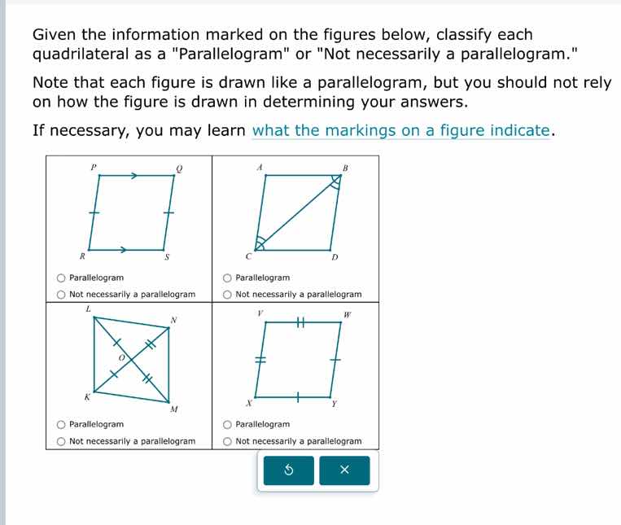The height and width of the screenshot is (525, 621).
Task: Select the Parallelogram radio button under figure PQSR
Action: pos(61,278)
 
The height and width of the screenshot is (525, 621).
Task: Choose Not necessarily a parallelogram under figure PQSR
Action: pos(61,295)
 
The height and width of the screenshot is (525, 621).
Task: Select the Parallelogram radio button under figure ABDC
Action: pos(227,278)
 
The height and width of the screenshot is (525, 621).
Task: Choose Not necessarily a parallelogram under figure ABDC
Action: pos(227,295)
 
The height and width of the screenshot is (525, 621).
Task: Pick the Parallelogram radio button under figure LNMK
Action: pos(61,424)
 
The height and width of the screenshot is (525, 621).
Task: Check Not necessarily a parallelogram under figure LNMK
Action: pos(61,441)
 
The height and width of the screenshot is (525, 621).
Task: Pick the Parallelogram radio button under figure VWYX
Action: pos(227,424)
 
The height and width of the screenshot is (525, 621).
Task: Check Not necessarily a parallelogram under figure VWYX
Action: pos(227,441)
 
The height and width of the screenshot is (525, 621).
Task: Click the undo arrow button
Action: pos(288,470)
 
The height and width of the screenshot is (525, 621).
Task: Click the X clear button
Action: pos(343,470)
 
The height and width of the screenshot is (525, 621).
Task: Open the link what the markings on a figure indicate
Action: pos(403,131)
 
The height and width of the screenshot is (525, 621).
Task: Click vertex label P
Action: pos(93,166)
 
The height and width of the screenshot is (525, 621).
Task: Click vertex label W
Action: pos(346,314)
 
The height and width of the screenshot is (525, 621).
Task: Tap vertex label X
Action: pos(250,404)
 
